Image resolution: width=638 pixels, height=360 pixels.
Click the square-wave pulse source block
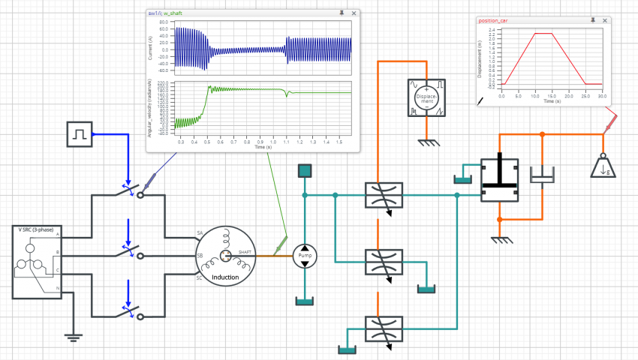79,135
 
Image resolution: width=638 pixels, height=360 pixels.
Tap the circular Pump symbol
304,256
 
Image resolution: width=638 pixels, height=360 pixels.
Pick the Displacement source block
426,97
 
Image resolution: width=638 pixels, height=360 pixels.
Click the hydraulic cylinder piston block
499,180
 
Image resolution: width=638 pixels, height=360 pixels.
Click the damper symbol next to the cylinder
541,177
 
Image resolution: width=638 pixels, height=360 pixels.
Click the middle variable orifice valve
384,262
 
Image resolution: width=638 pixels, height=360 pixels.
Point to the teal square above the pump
304,172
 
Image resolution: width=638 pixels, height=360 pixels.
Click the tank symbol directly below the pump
304,301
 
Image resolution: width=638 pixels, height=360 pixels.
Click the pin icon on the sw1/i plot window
342,13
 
